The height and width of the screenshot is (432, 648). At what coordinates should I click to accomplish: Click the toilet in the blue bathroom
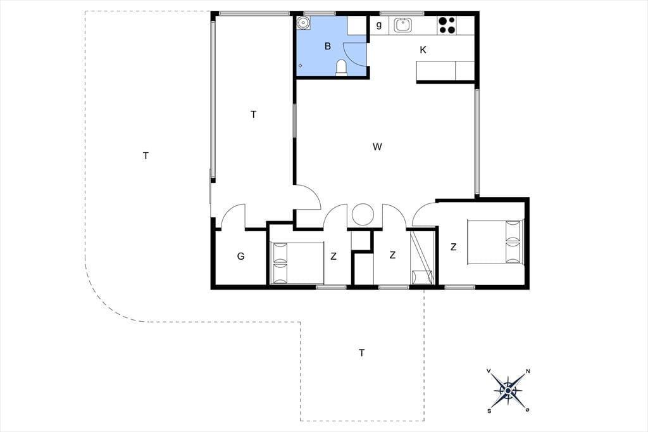341,68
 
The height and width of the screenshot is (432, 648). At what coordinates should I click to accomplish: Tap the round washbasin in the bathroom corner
304,23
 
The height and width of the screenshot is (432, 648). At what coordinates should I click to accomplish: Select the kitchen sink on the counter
402,25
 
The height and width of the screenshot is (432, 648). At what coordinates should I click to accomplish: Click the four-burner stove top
447,25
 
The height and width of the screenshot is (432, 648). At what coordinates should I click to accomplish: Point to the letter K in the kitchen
423,50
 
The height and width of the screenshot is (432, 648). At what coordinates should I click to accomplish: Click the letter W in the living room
377,146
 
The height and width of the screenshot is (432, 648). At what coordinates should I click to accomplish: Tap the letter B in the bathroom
328,46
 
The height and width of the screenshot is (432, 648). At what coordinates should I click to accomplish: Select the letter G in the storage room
240,256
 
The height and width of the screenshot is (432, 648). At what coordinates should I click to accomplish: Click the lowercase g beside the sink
378,25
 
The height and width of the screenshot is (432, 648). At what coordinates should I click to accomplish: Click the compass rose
508,390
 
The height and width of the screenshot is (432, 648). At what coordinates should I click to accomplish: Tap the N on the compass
528,371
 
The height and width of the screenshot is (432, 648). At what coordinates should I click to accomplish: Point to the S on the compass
489,410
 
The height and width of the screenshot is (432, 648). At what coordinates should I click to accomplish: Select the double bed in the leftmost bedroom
297,263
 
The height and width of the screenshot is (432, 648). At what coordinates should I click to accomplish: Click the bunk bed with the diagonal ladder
422,258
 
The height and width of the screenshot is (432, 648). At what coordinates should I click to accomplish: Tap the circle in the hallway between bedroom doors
363,215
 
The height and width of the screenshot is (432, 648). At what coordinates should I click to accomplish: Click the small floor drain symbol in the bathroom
300,65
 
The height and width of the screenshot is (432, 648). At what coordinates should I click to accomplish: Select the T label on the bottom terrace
361,353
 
